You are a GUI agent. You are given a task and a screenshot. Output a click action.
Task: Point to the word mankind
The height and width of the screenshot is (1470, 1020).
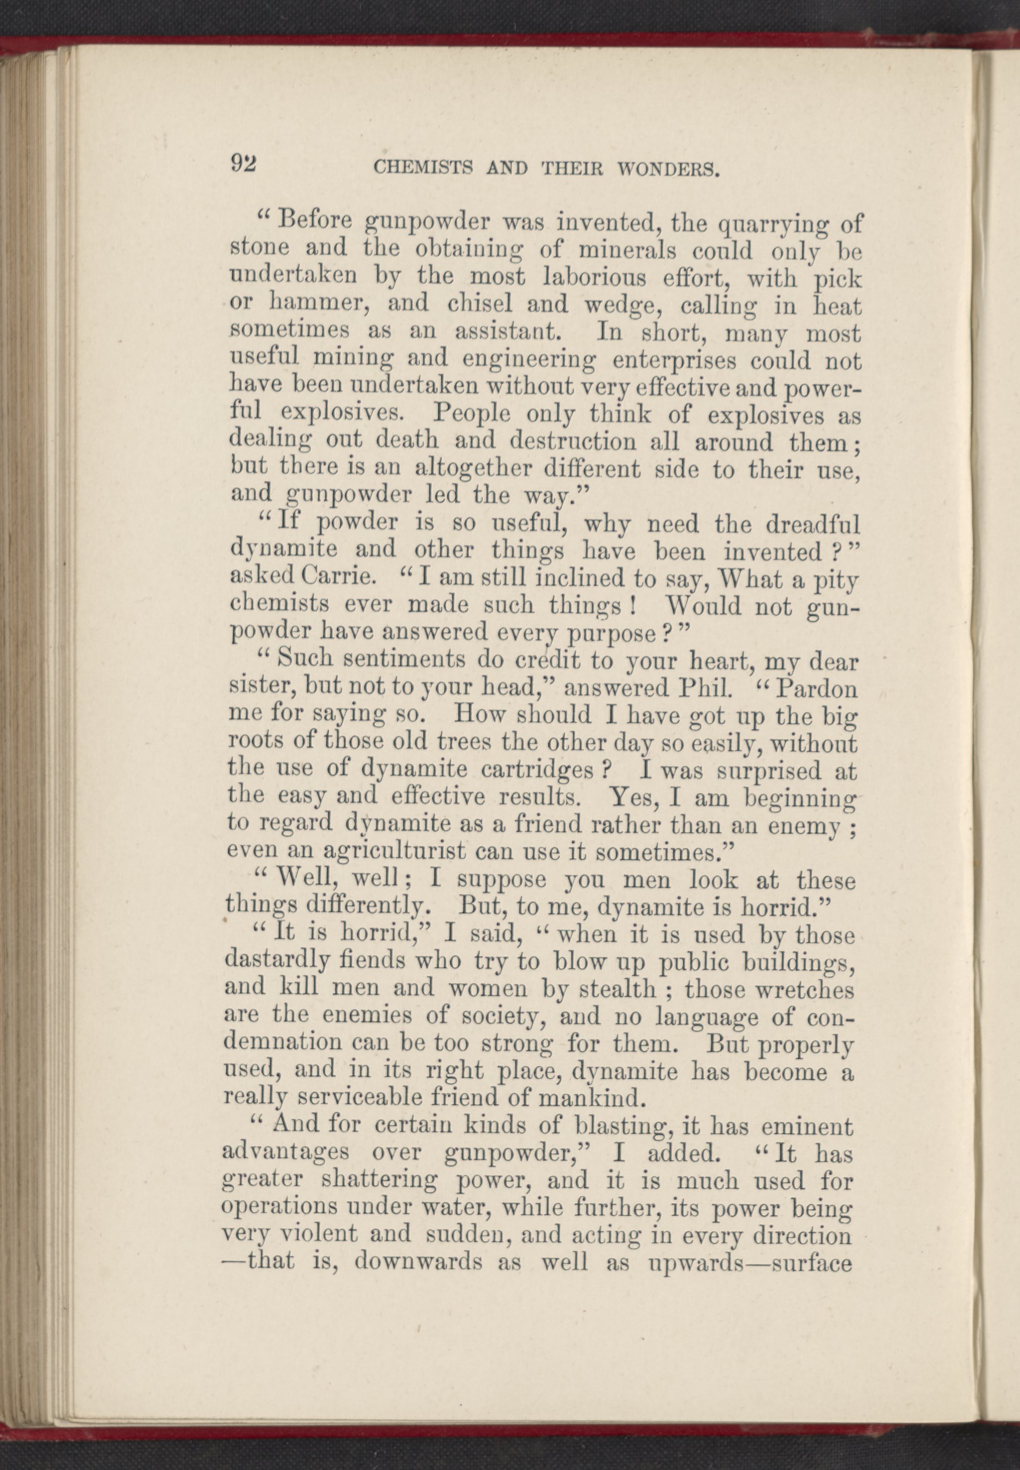pos(587,1098)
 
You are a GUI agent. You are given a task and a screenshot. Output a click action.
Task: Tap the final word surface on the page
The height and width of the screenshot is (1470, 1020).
pos(812,1263)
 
